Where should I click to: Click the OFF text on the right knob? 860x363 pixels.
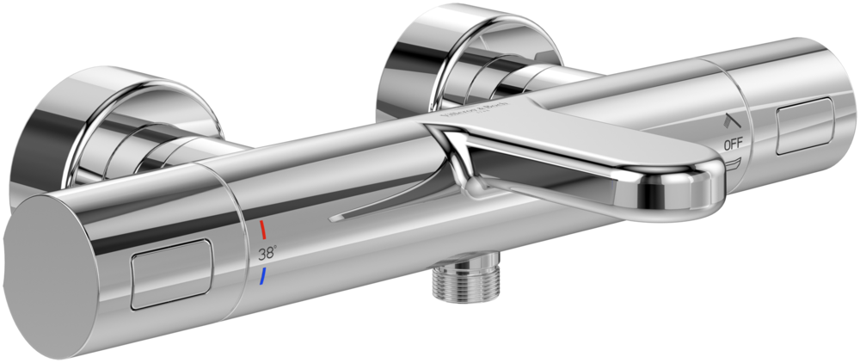732,145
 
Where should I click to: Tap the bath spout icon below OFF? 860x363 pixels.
732,163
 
